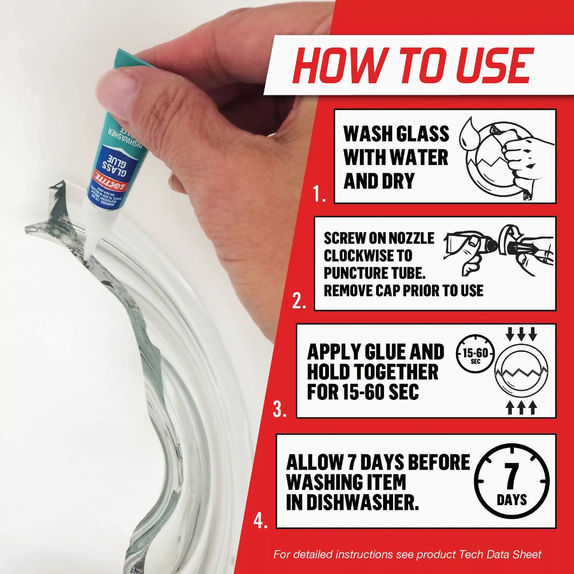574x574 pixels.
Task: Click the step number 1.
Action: coord(320,194)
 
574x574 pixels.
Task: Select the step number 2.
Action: coord(299,302)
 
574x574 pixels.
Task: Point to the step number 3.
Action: coord(280,409)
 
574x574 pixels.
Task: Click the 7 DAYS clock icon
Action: coord(512,481)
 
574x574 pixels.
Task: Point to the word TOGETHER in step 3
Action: coord(373,372)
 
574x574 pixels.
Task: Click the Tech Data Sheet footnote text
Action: coord(407,554)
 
